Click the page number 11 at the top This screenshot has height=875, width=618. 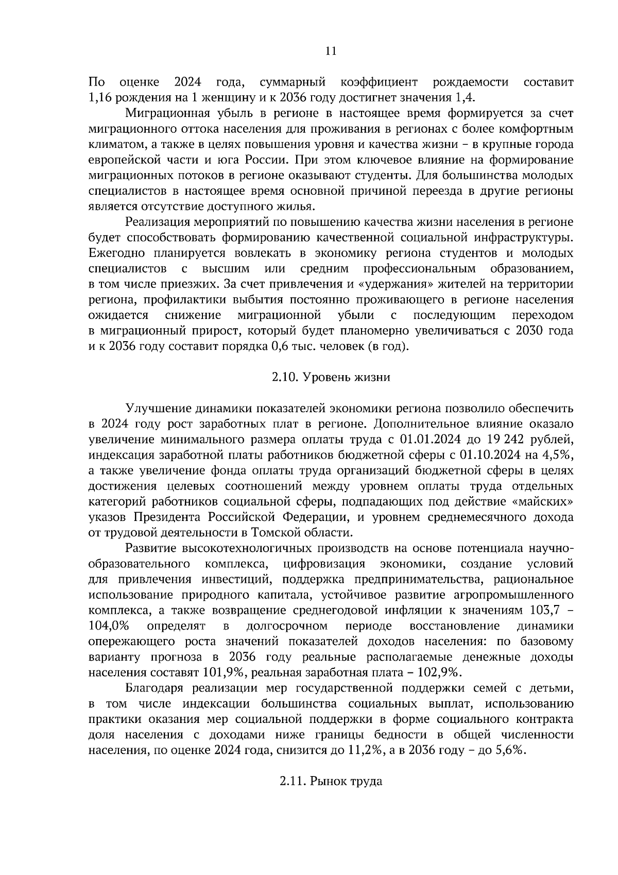click(331, 51)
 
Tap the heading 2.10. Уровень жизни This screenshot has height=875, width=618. click(331, 378)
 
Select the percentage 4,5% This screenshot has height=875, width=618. click(558, 456)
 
